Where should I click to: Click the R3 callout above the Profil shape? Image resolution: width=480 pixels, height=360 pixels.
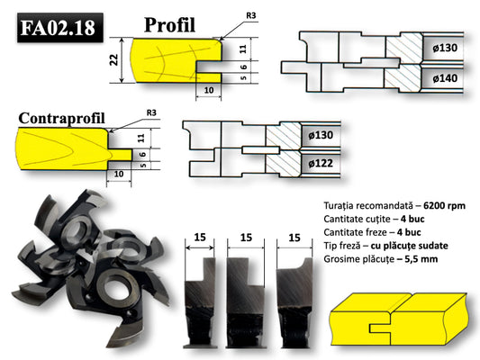click(x=249, y=15)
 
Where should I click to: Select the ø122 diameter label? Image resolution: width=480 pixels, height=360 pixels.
click(x=322, y=164)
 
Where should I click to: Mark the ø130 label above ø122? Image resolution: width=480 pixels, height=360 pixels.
click(x=322, y=135)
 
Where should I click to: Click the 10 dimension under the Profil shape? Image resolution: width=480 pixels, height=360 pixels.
click(x=208, y=90)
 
